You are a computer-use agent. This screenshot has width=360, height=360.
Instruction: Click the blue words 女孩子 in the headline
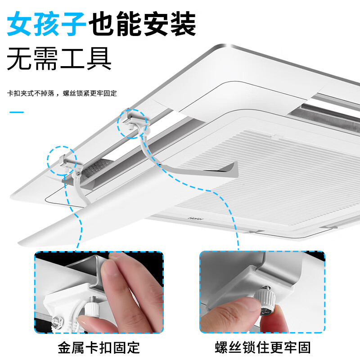pos(46,25)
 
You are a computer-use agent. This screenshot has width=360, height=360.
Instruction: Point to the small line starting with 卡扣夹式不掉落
pos(62,93)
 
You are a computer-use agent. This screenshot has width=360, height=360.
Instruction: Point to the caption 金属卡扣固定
pos(99,347)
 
